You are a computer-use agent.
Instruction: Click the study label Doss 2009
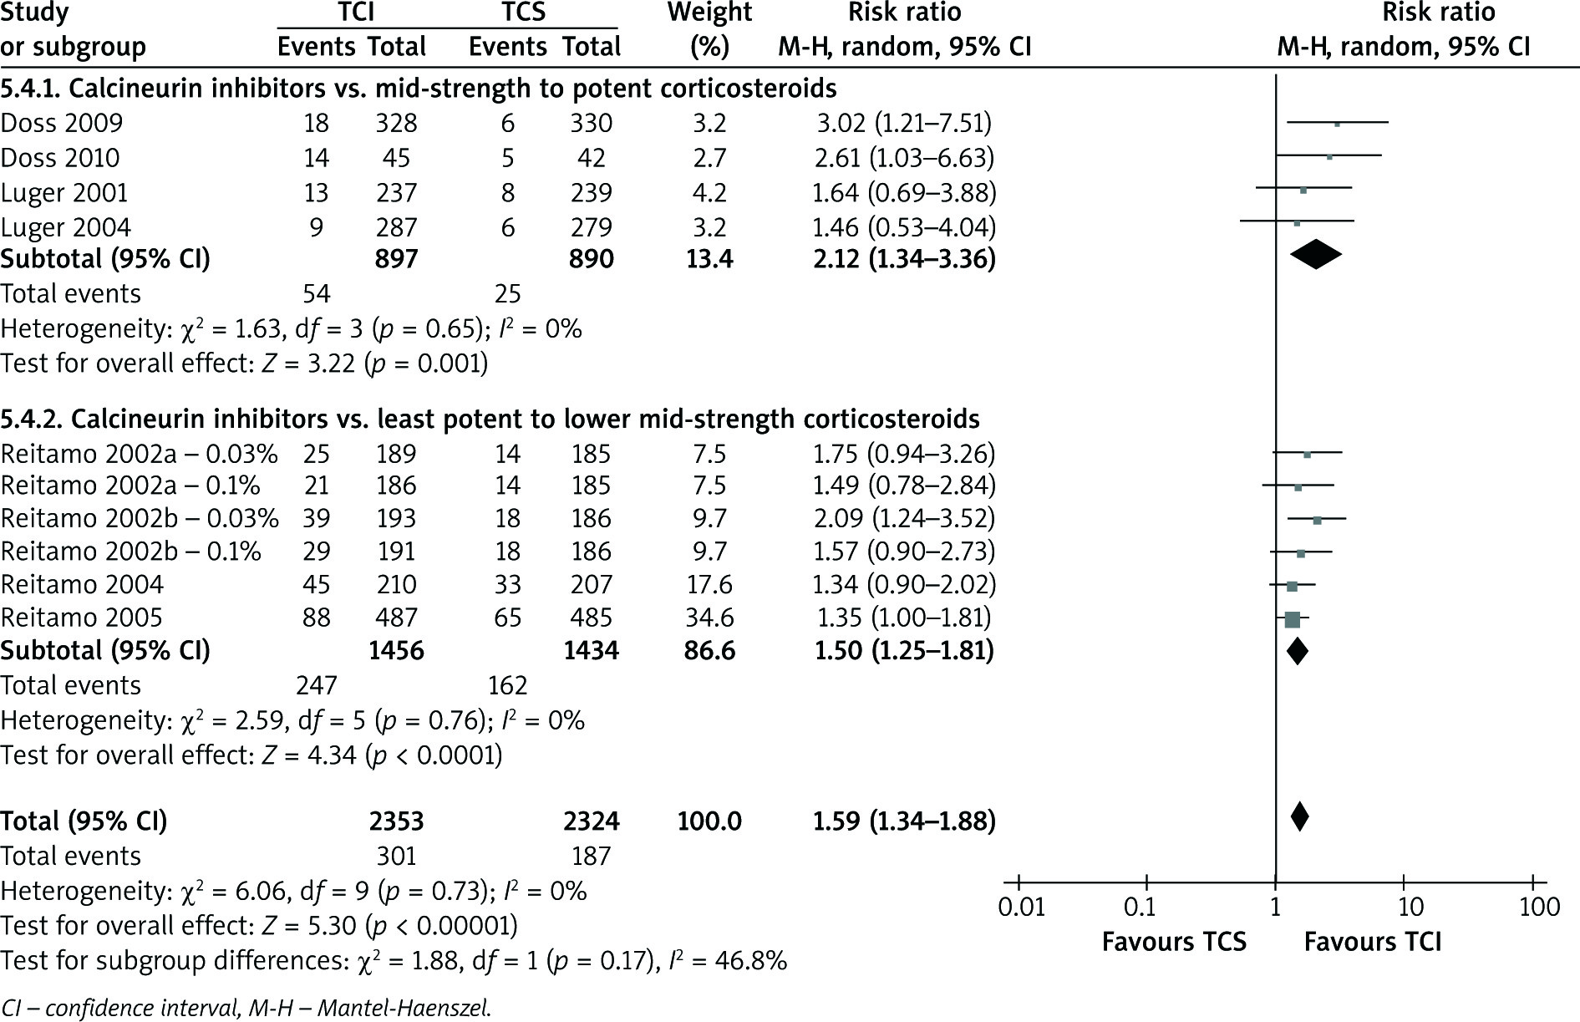click(62, 123)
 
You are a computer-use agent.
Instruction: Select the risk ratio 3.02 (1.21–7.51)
click(903, 123)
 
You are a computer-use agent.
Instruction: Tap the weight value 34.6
click(709, 618)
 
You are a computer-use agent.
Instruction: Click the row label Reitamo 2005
click(82, 618)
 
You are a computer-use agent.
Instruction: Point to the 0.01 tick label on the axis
click(1021, 907)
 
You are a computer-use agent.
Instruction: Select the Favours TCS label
click(1174, 942)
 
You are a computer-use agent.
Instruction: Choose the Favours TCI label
click(1373, 942)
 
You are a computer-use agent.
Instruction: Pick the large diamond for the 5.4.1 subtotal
click(1315, 255)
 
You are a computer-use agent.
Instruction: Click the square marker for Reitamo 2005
click(1292, 619)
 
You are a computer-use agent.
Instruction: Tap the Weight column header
click(709, 13)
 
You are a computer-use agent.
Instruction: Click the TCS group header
click(525, 13)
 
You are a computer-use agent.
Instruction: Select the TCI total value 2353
click(396, 821)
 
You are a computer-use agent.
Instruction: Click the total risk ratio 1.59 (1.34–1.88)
click(903, 821)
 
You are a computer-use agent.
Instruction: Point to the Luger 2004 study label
click(65, 227)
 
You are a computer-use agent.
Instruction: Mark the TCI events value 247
click(316, 685)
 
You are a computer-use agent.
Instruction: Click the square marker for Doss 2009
click(1337, 124)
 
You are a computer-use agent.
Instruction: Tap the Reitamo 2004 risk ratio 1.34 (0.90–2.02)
click(903, 584)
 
